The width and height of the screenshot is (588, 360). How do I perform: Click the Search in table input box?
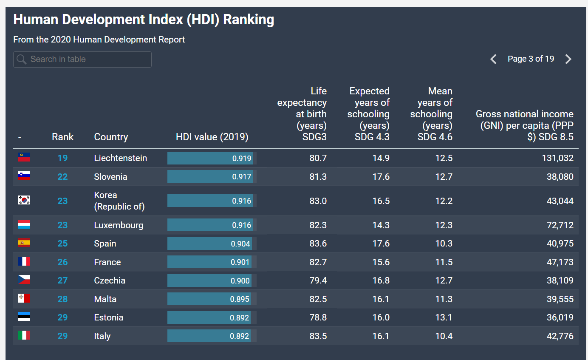[82, 60]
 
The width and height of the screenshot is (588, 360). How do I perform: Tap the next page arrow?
[568, 59]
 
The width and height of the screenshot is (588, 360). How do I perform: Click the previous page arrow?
[494, 59]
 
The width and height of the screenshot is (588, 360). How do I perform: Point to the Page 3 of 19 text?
[531, 59]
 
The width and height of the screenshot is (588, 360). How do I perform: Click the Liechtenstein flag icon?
[24, 157]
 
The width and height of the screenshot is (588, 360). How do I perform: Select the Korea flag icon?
[24, 200]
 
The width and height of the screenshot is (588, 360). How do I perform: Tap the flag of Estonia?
[24, 317]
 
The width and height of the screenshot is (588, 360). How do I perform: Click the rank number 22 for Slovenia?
[62, 177]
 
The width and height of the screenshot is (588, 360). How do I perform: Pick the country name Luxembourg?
[119, 225]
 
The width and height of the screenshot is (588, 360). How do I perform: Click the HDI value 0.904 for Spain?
[240, 244]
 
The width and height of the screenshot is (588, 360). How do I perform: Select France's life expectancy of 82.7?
[318, 262]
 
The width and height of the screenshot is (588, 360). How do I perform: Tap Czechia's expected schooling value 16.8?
[381, 281]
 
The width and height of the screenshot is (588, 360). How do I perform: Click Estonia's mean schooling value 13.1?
[444, 317]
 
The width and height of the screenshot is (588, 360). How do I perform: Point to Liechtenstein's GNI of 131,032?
[558, 158]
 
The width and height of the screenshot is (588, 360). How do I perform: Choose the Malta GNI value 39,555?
[560, 299]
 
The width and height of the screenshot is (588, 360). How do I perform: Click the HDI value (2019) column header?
[212, 137]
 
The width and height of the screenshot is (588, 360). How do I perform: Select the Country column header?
[111, 137]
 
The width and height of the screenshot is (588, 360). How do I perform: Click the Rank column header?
[62, 137]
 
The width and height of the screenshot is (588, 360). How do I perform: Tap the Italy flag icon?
[24, 335]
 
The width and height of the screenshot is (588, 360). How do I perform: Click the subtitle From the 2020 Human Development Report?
[99, 40]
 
